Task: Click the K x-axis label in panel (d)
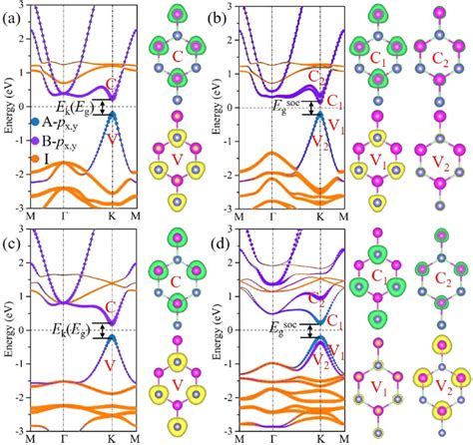tap(319, 438)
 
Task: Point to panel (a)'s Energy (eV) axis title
tap(8, 109)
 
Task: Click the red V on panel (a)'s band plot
tap(113, 139)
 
